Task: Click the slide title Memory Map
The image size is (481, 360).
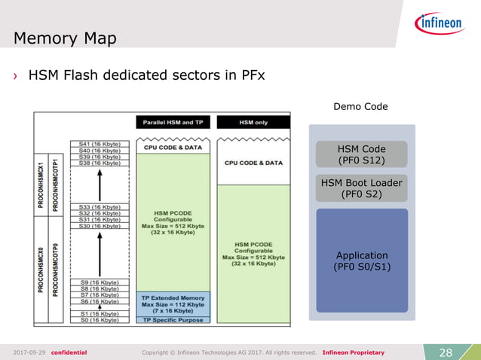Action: (65, 38)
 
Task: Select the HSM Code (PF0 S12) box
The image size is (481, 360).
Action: (362, 154)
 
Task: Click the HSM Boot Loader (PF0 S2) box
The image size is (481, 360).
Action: (362, 188)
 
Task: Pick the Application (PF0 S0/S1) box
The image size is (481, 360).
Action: (362, 261)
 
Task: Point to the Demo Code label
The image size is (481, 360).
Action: (360, 107)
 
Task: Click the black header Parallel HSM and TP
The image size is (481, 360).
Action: (173, 122)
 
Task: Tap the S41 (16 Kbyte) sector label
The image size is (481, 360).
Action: (100, 143)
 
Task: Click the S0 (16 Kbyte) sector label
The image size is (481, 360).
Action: (100, 320)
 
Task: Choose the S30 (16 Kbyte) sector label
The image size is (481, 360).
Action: (100, 226)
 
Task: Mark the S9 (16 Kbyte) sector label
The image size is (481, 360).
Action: (100, 282)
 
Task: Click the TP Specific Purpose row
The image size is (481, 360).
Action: (173, 320)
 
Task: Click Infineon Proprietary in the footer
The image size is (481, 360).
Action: (353, 352)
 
